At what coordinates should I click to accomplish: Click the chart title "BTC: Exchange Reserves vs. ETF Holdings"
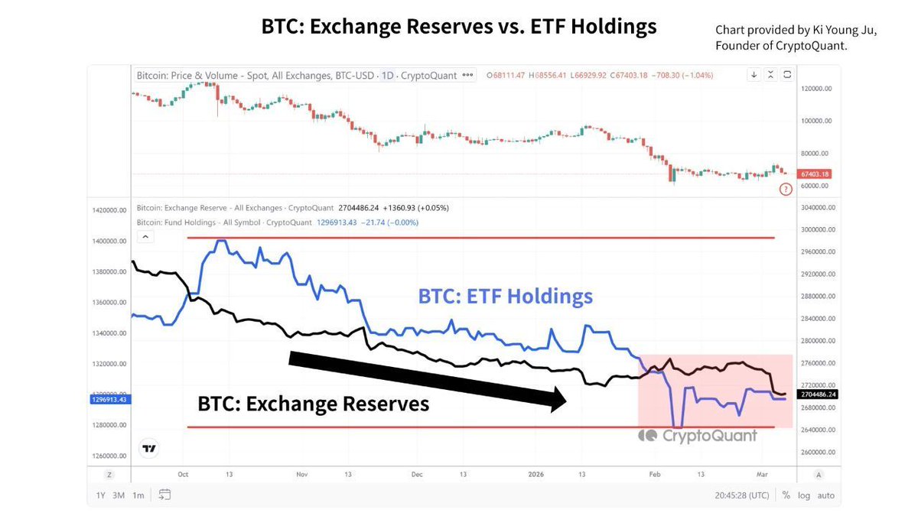pos(459,27)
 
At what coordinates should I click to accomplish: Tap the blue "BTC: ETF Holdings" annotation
pos(505,296)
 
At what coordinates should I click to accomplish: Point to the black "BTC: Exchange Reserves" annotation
pos(314,403)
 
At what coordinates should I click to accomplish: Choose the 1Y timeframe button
pos(101,495)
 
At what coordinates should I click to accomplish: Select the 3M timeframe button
pos(119,495)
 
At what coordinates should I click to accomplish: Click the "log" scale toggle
pos(804,495)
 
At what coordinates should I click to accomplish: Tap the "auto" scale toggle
pos(826,495)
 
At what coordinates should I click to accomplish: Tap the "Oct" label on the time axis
pos(182,474)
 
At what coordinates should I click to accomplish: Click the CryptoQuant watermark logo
pos(698,436)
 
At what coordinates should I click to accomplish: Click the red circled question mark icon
pos(786,189)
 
